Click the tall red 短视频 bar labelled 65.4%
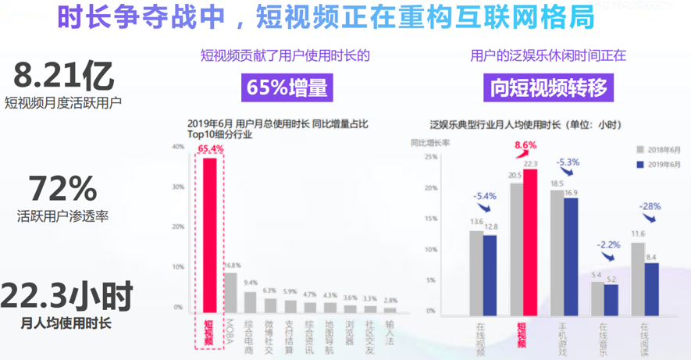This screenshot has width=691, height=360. tap(209, 234)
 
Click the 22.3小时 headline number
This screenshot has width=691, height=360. tap(66, 297)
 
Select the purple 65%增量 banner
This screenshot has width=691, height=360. tap(287, 87)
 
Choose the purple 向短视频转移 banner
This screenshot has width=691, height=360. tap(548, 87)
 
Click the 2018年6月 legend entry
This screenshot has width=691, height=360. tap(660, 148)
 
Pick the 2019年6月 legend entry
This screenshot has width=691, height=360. tap(660, 164)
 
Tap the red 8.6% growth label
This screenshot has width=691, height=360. tap(525, 145)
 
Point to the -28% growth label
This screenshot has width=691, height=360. tap(650, 207)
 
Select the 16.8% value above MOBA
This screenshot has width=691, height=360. tap(231, 266)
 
